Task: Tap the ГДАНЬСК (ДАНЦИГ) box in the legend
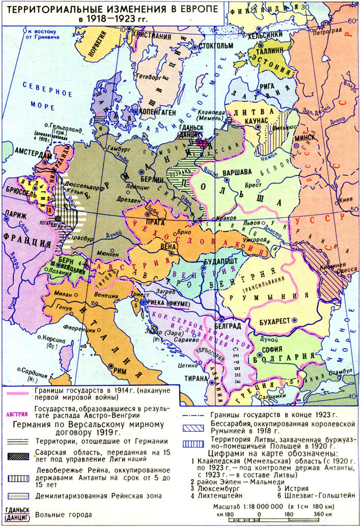pos(17,514)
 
